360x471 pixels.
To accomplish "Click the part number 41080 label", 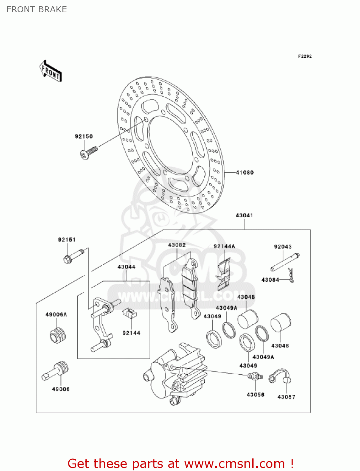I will click(x=244, y=172).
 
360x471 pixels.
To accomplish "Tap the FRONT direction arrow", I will click(x=51, y=71).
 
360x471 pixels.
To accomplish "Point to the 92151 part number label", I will click(x=67, y=240).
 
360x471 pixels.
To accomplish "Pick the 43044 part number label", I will click(x=126, y=267).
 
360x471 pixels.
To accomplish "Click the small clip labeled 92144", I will click(x=129, y=313).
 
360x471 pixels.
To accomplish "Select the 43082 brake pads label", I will click(x=177, y=245).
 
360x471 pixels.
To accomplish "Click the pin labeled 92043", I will click(x=285, y=262).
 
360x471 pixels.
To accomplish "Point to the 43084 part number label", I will click(x=270, y=280).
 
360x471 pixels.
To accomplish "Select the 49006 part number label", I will click(x=61, y=389).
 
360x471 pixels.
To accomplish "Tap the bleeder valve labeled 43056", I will click(x=255, y=376).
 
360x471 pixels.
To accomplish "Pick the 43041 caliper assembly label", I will click(x=244, y=215).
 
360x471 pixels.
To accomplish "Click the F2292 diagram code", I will click(x=305, y=56).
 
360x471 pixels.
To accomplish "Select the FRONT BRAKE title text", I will click(x=37, y=9).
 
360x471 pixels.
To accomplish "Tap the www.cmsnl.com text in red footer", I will click(x=234, y=464).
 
